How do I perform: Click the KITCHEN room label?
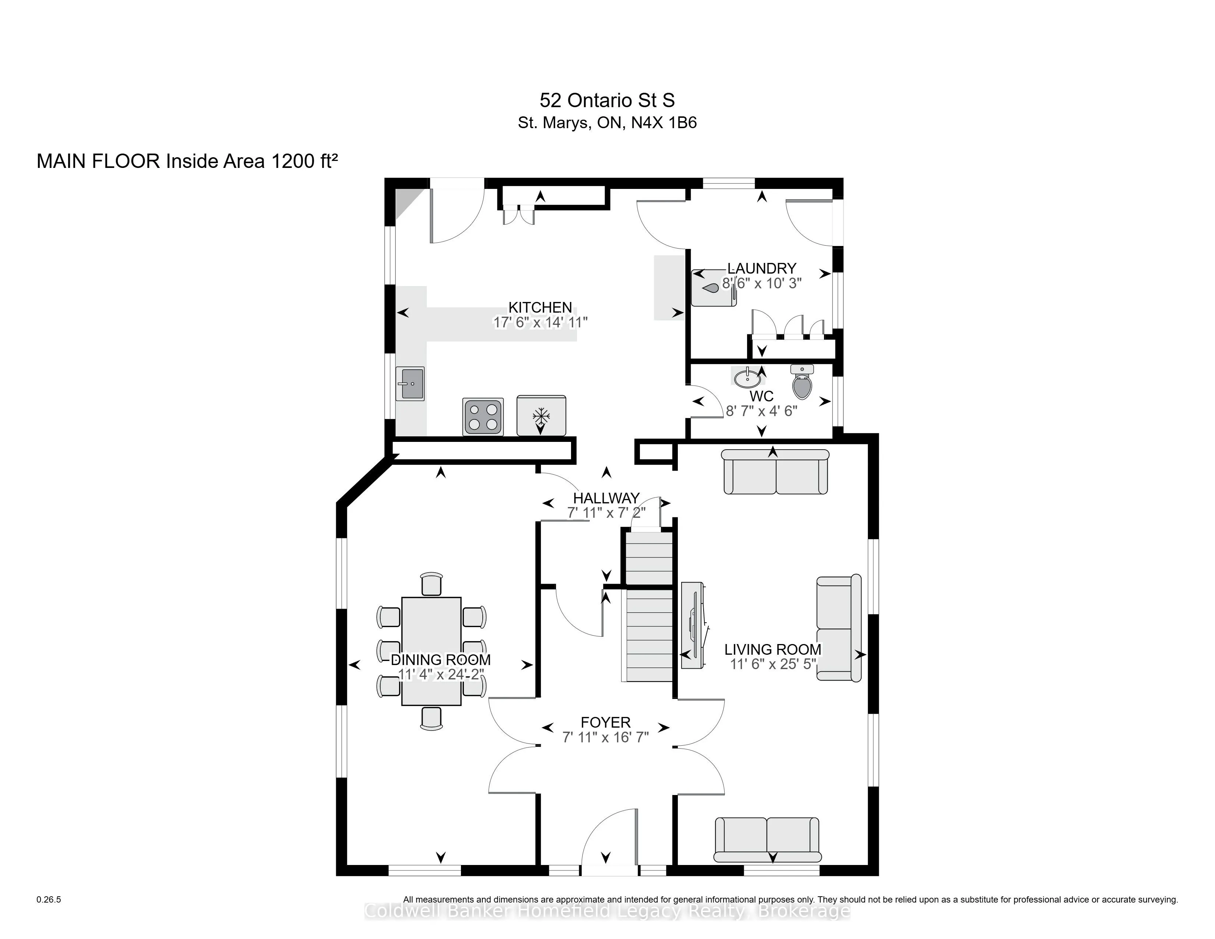[x=540, y=307]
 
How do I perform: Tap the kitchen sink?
[x=410, y=384]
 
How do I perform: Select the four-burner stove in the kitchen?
[x=483, y=416]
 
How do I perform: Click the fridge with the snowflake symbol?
[x=541, y=415]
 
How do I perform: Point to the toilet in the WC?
[x=802, y=382]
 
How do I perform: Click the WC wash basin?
[x=747, y=378]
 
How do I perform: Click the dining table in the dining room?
[x=431, y=651]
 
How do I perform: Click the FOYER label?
[x=605, y=722]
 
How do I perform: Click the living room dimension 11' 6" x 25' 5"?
[x=773, y=664]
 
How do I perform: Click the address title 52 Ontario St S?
[x=607, y=101]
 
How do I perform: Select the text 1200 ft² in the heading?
[x=304, y=161]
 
